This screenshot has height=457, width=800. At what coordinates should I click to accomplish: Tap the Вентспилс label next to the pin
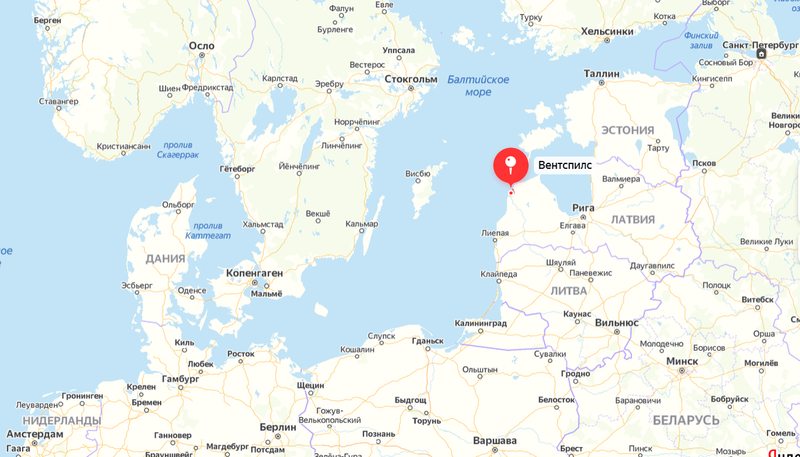coord(565,165)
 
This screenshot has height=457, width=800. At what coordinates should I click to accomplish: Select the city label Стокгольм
coord(411,79)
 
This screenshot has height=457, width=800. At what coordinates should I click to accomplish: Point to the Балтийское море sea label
coord(478,85)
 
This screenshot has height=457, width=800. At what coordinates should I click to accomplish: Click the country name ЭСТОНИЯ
coord(627,130)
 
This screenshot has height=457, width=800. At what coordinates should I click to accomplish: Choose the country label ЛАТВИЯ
coord(633,219)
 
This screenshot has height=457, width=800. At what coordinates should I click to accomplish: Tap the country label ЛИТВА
coord(569,291)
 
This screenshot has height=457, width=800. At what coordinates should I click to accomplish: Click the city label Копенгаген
coord(255,273)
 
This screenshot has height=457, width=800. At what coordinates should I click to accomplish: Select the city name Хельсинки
coord(607,31)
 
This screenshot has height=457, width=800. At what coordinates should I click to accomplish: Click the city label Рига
coord(583,207)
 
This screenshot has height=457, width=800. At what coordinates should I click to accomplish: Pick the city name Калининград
coord(480,323)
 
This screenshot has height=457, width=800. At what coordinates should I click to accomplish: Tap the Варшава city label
coord(495,440)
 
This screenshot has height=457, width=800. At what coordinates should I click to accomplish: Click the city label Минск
coord(682,361)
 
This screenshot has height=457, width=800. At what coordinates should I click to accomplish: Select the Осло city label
coord(201,45)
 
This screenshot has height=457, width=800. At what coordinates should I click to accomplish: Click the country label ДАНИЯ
coord(165,259)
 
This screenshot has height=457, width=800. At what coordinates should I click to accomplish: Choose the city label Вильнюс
coord(617,322)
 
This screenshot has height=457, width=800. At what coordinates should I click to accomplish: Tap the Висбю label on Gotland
coord(417,174)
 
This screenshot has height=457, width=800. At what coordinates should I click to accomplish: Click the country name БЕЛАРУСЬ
coord(686,420)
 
